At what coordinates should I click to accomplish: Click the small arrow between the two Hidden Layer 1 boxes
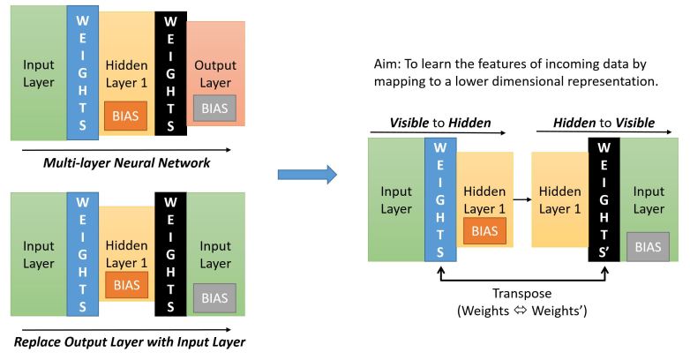pos(522,200)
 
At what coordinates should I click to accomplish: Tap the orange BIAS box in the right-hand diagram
pos(484,230)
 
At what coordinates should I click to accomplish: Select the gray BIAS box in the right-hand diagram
pos(647,246)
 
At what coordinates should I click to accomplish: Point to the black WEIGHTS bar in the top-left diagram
pos(170,74)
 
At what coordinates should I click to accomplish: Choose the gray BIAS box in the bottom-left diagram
pos(215,299)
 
